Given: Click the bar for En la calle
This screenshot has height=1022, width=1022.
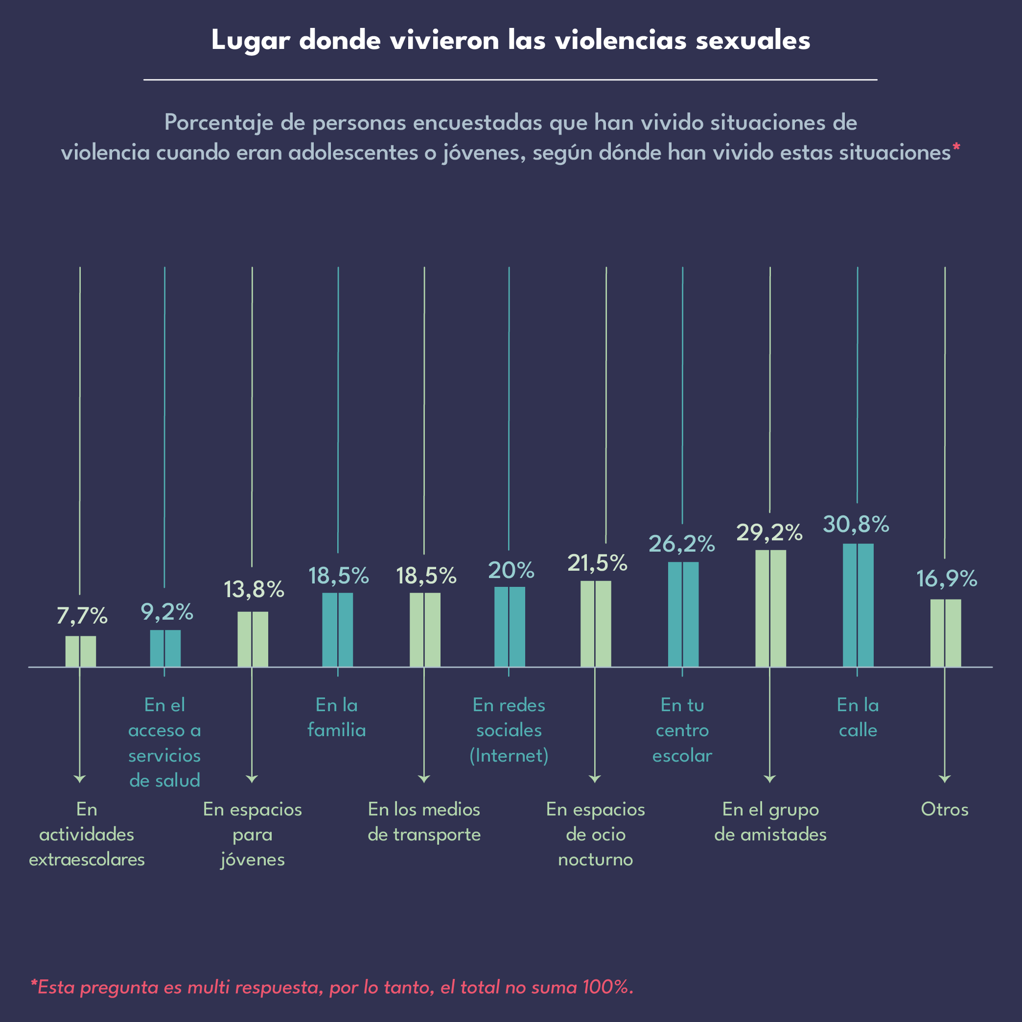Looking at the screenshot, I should [858, 605].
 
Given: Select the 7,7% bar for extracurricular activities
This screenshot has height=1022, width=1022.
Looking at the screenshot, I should [80, 651].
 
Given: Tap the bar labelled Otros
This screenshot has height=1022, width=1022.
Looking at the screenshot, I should [945, 633].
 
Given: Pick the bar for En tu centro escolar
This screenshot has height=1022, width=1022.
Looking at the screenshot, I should [683, 614].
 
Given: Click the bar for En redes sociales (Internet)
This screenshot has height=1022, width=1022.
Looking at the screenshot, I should [510, 627].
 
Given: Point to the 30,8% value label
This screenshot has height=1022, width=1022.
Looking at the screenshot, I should [856, 524].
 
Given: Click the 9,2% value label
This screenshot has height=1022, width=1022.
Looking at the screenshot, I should [166, 612].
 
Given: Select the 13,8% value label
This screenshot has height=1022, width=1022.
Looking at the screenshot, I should [254, 589].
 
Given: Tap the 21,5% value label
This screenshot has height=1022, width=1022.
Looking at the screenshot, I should [597, 563].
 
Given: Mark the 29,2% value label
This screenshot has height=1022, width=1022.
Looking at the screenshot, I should [769, 533].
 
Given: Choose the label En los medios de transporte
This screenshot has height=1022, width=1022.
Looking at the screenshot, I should [424, 821].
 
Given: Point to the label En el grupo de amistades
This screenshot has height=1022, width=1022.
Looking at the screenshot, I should [770, 821].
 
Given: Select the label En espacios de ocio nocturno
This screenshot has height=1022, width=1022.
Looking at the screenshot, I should [595, 834].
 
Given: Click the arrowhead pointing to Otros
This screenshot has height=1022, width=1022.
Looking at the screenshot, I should [945, 779].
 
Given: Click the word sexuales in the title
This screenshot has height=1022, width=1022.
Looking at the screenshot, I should [753, 41].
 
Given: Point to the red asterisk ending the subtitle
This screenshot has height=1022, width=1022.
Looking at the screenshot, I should [956, 149].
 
